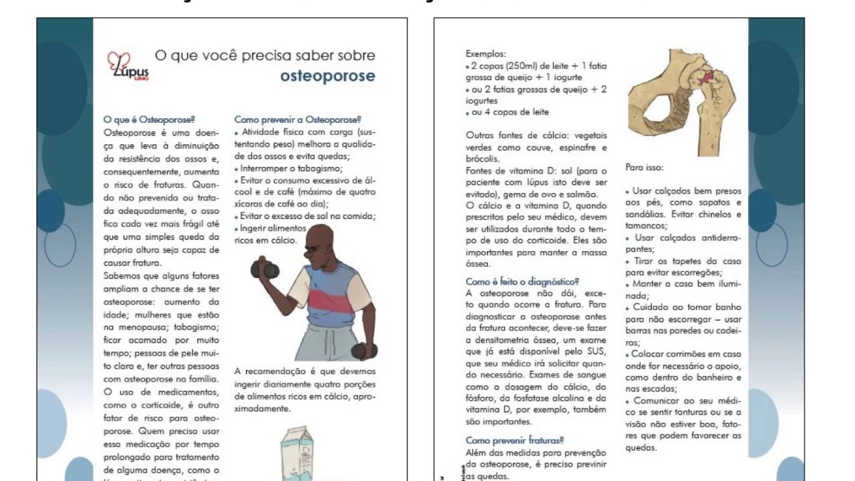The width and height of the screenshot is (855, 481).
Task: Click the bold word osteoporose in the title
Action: tap(327, 75)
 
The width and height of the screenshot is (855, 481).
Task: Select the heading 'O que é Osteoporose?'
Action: tap(149, 120)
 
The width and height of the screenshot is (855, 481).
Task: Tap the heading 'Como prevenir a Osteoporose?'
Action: tap(297, 120)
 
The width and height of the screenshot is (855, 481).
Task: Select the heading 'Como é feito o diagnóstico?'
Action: tap(522, 282)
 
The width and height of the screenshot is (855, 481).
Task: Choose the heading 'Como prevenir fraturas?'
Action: tap(514, 440)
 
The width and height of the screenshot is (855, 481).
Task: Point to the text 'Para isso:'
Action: tap(645, 168)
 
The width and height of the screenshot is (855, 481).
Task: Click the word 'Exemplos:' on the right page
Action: tap(486, 54)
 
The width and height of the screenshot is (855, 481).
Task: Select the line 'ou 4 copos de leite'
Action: tap(510, 112)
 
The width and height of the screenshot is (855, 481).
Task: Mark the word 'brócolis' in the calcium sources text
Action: tap(481, 159)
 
